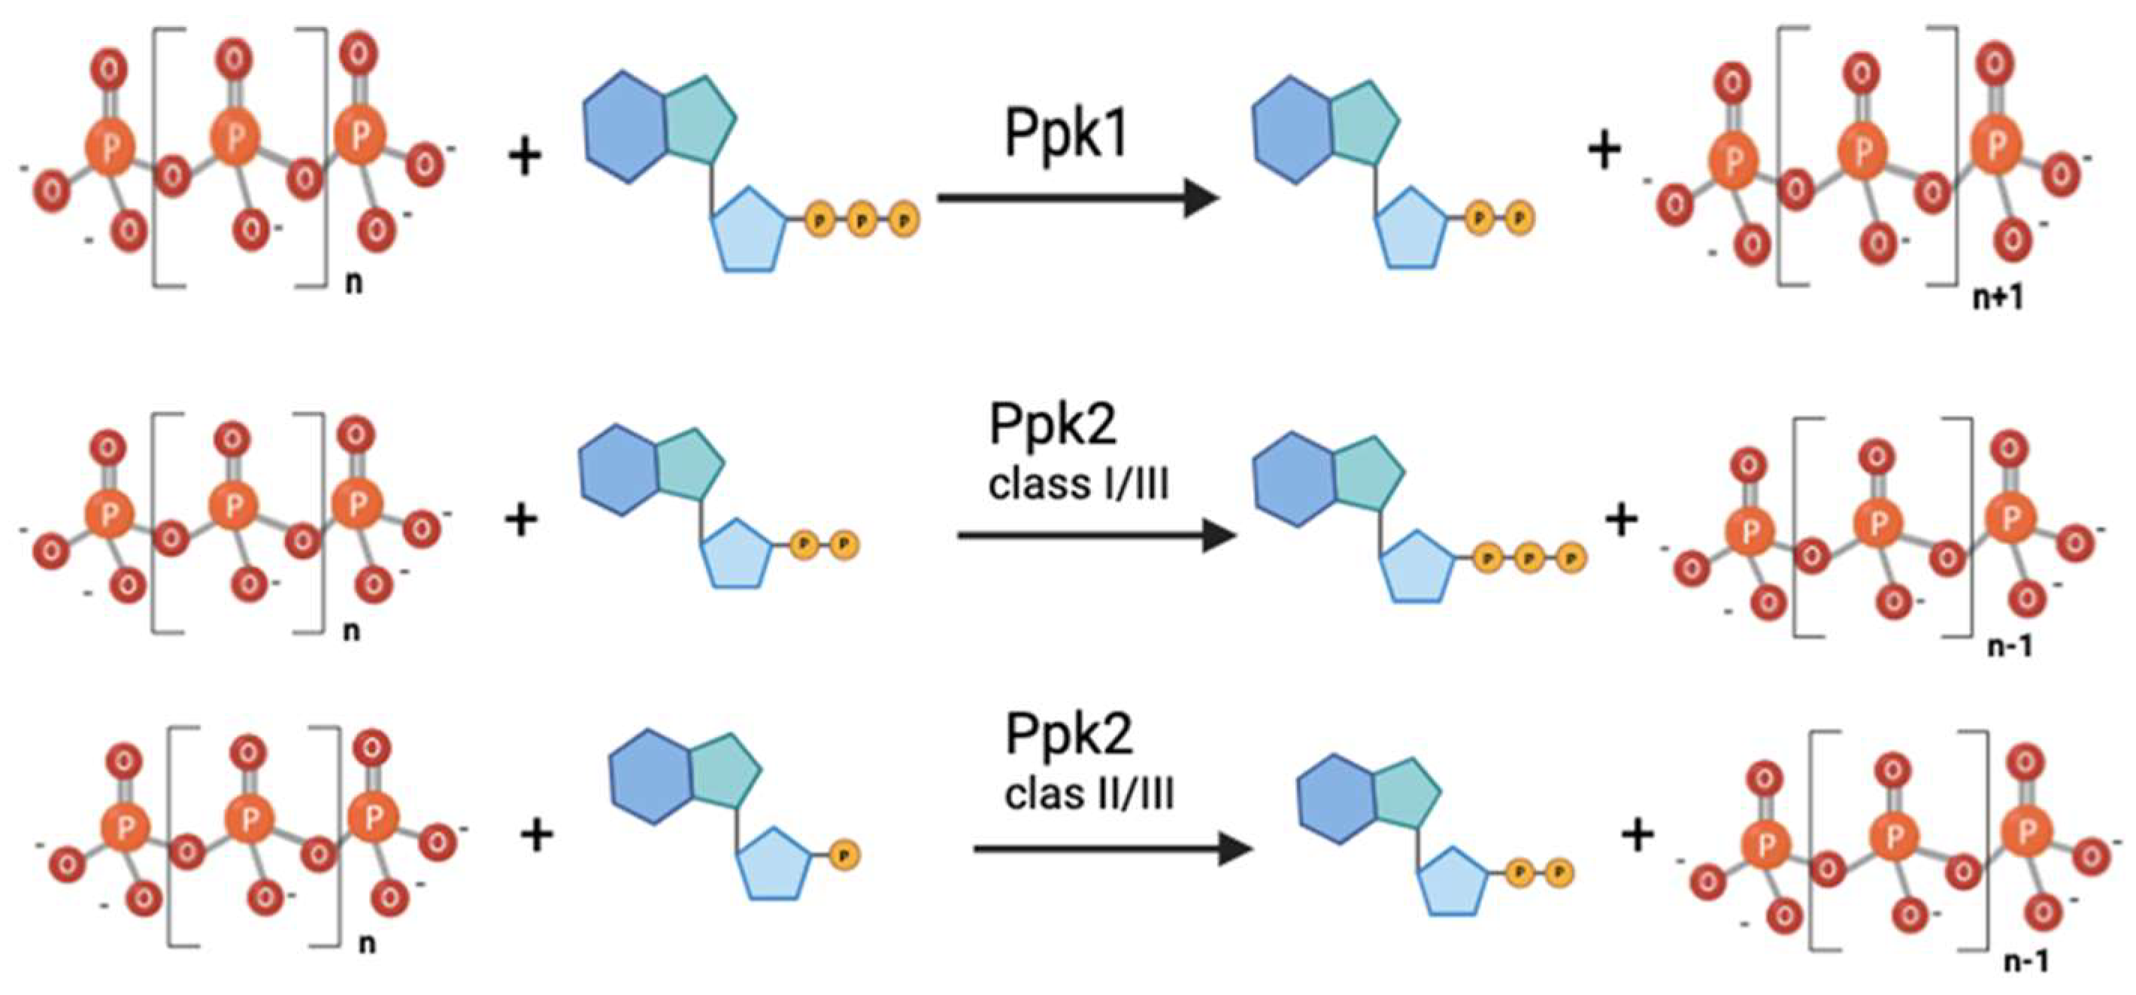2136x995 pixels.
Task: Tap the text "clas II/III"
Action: (x=1089, y=793)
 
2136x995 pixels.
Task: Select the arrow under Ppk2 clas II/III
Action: (x=1111, y=848)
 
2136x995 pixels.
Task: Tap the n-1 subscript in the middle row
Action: (x=2010, y=646)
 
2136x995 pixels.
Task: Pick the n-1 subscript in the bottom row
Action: (x=2026, y=961)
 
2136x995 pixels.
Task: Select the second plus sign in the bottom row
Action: (x=1638, y=834)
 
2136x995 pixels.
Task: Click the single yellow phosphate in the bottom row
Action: (x=844, y=855)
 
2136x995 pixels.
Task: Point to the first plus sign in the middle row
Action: (x=522, y=520)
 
